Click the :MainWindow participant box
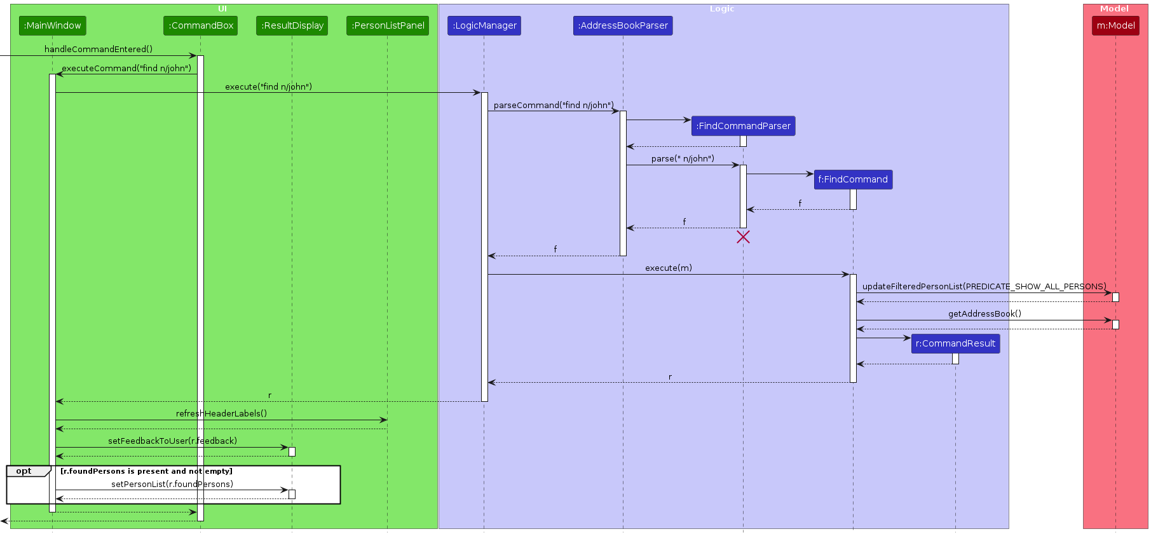pyautogui.click(x=52, y=25)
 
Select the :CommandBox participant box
pyautogui.click(x=200, y=25)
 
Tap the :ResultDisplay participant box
pyautogui.click(x=292, y=25)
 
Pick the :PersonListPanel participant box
pyautogui.click(x=388, y=25)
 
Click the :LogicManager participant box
pyautogui.click(x=484, y=25)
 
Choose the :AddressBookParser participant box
pyautogui.click(x=623, y=25)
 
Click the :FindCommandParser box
pyautogui.click(x=743, y=126)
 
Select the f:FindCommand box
pyautogui.click(x=853, y=179)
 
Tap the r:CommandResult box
pyautogui.click(x=955, y=343)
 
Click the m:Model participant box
pyautogui.click(x=1115, y=25)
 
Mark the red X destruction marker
pyautogui.click(x=743, y=237)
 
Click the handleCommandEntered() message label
pyautogui.click(x=99, y=49)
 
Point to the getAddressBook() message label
pyautogui.click(x=984, y=313)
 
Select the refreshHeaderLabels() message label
pyautogui.click(x=221, y=413)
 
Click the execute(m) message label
pyautogui.click(x=668, y=268)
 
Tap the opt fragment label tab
pyautogui.click(x=24, y=471)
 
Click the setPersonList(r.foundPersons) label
pyautogui.click(x=172, y=484)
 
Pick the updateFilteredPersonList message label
pyautogui.click(x=984, y=286)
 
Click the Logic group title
pyautogui.click(x=722, y=9)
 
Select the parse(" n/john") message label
pyautogui.click(x=683, y=158)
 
